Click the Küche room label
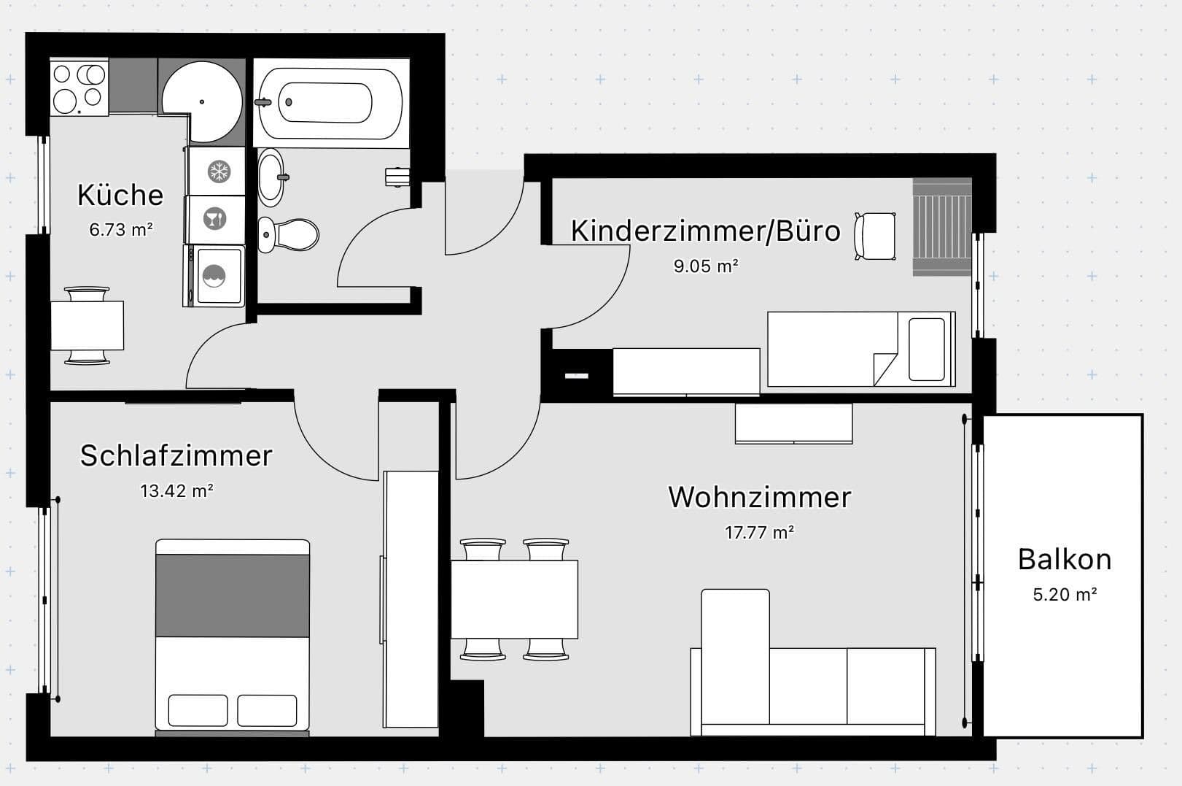(120, 195)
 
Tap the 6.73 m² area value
(121, 229)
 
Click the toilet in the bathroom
(289, 234)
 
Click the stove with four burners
(79, 87)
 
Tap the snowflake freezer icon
(218, 172)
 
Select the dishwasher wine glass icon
(214, 218)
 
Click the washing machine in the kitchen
(214, 276)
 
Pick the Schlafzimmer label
(176, 455)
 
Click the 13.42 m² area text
(176, 490)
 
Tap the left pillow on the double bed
(198, 710)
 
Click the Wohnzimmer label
(759, 497)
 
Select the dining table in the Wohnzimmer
(514, 599)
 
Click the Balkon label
(1064, 560)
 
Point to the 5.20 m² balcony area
(1064, 594)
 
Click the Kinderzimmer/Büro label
(704, 231)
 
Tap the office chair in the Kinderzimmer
(875, 236)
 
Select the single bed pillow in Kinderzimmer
(927, 350)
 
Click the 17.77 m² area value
(759, 532)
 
